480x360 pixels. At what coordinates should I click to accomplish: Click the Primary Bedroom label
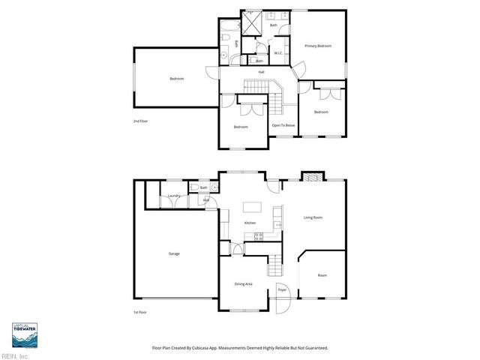click(x=318, y=46)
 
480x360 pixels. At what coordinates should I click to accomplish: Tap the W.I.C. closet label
click(x=277, y=53)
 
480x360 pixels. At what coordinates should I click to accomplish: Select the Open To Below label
click(x=283, y=125)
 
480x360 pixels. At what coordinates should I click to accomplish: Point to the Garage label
click(x=174, y=253)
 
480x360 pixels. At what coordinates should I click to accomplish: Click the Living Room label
click(x=313, y=217)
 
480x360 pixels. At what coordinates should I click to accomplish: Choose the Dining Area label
click(x=243, y=284)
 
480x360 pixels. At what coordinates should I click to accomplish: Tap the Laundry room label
click(x=173, y=196)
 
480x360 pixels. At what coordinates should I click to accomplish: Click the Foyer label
click(x=282, y=289)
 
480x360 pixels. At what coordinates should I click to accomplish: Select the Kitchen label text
click(x=250, y=223)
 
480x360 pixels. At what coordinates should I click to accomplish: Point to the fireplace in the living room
click(x=310, y=177)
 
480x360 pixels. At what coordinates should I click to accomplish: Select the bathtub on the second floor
click(x=226, y=31)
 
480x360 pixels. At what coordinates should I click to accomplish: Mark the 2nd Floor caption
click(x=140, y=121)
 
